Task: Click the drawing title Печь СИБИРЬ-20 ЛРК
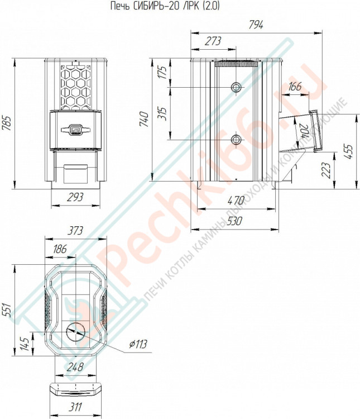coord(155,6)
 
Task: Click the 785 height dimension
coord(6,123)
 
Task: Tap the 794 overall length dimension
coord(256,25)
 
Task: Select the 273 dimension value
coord(213,41)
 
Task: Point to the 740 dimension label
coord(145,119)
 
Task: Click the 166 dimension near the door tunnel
coord(295,87)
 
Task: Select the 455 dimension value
coord(349,151)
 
